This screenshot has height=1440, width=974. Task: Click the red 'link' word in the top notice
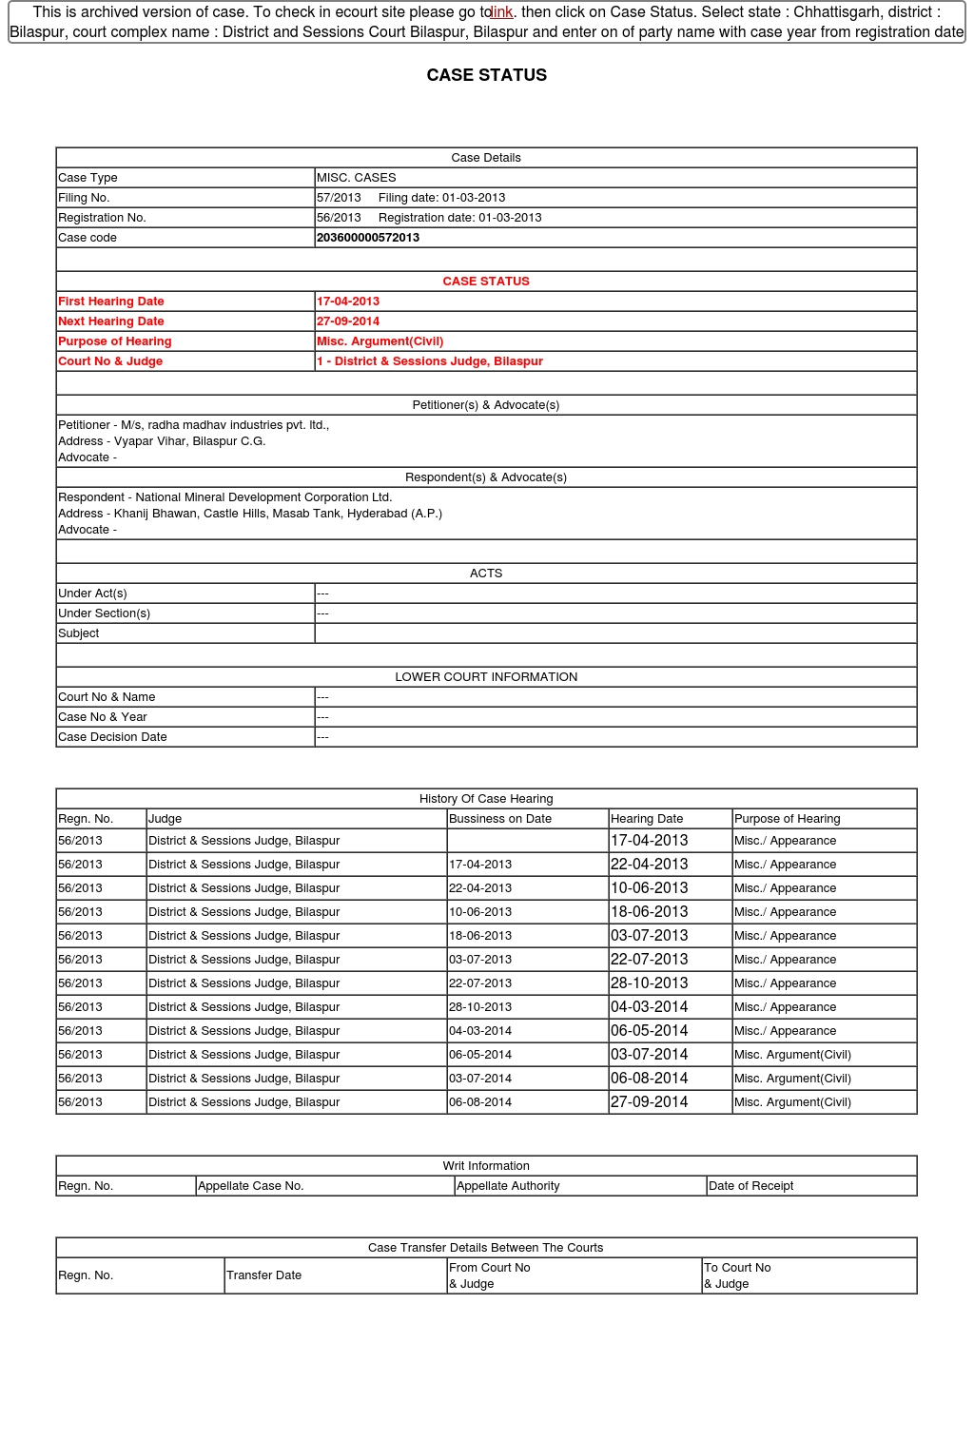click(x=501, y=12)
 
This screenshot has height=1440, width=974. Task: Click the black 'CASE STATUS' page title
click(x=486, y=75)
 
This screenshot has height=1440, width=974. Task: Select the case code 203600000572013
click(x=368, y=238)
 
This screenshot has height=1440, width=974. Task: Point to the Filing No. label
click(x=84, y=198)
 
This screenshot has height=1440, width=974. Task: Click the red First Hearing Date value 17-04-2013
click(x=348, y=302)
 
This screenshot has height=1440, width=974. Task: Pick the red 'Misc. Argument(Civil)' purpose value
click(x=380, y=341)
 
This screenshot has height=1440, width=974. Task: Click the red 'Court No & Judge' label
click(x=110, y=361)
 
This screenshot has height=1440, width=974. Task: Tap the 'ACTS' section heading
click(x=486, y=574)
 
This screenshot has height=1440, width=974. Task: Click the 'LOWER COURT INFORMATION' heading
click(x=486, y=677)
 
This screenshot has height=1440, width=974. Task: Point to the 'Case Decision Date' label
click(x=112, y=737)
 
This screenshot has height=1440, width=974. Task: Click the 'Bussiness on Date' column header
click(x=500, y=819)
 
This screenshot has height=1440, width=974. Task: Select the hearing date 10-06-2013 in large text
click(x=650, y=888)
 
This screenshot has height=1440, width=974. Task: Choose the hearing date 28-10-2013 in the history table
click(x=650, y=983)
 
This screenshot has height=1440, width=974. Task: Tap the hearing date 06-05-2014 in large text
click(x=650, y=1031)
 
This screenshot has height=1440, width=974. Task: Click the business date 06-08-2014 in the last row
click(x=480, y=1102)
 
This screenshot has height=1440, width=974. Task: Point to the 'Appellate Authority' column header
click(x=508, y=1186)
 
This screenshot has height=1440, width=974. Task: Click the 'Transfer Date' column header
click(x=263, y=1275)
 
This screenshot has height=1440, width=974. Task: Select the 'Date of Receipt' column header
click(x=750, y=1186)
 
